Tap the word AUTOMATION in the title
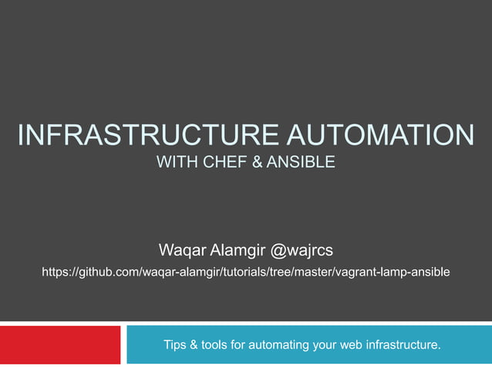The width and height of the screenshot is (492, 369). tap(382, 136)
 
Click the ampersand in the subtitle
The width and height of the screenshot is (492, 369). tap(258, 164)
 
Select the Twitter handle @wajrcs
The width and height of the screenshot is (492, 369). tap(300, 250)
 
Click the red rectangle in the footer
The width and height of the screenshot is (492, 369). tap(60, 344)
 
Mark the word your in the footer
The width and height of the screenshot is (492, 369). tap(323, 344)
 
